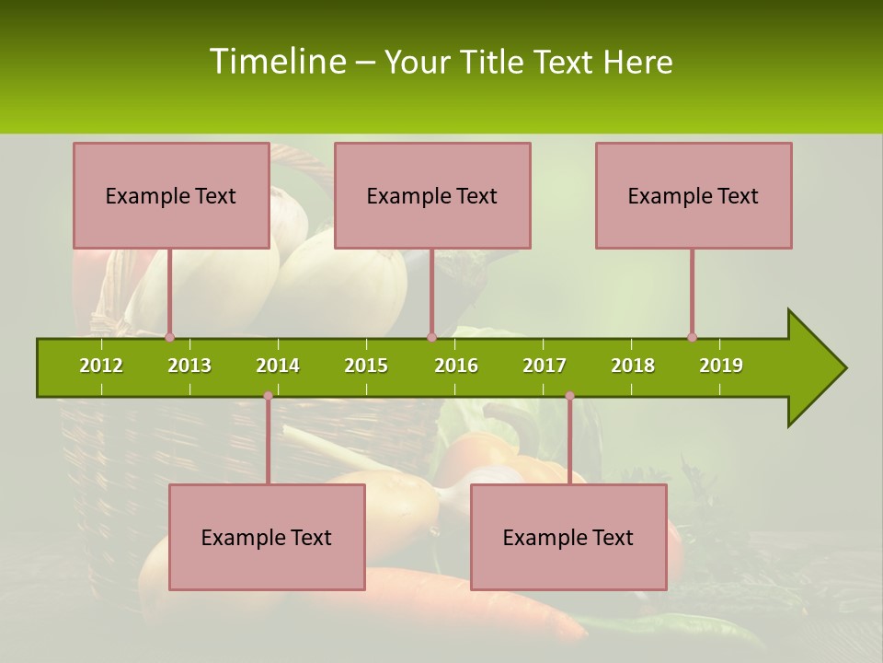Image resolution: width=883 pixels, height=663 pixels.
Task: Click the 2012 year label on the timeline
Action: [x=101, y=366]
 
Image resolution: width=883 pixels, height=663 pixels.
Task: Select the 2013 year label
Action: [x=189, y=366]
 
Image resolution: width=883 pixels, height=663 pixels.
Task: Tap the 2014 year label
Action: [x=278, y=366]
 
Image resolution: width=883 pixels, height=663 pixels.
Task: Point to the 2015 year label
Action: [x=366, y=366]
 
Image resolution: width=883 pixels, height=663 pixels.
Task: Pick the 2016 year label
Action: [x=456, y=366]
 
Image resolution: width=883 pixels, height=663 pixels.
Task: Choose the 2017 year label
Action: [x=545, y=366]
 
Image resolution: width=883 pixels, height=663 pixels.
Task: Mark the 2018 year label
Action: [x=633, y=366]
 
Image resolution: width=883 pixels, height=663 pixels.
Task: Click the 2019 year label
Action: [x=721, y=366]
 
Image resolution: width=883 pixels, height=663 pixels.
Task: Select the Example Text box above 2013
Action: [x=171, y=195]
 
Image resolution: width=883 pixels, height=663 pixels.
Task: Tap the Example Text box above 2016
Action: [x=432, y=195]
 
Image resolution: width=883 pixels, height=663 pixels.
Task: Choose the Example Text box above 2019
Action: [x=694, y=195]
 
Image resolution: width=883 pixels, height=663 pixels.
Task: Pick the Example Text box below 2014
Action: [x=267, y=537]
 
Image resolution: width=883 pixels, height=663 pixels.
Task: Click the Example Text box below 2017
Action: [x=568, y=537]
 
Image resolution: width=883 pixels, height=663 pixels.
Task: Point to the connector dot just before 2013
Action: [x=169, y=338]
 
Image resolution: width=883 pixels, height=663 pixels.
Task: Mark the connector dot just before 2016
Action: [x=431, y=338]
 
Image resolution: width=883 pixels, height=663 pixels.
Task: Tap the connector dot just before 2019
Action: [x=692, y=338]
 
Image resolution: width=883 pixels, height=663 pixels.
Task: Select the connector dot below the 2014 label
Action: [x=268, y=396]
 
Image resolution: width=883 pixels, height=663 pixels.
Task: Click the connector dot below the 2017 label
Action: [x=569, y=396]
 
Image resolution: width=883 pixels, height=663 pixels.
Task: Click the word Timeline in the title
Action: [x=276, y=62]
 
